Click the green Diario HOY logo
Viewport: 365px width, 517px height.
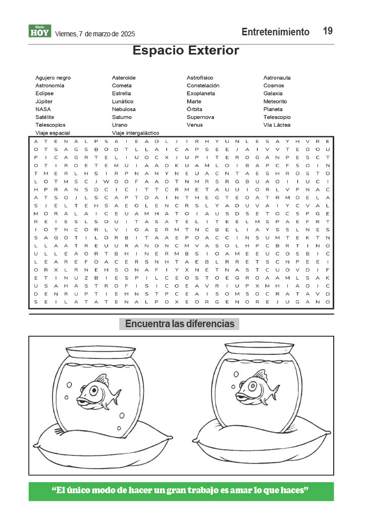39,31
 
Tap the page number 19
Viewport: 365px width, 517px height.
328,31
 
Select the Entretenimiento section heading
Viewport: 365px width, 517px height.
275,32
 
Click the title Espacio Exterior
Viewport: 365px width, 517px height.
185,50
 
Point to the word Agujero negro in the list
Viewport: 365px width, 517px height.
53,78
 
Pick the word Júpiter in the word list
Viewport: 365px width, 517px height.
44,101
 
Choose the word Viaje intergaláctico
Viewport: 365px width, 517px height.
135,133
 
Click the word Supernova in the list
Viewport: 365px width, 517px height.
200,117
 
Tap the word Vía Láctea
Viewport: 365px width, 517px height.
277,125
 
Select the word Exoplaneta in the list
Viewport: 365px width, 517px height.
201,93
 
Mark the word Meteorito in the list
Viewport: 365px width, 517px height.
275,101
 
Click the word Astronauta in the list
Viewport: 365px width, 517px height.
277,78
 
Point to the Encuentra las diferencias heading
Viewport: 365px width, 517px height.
179,324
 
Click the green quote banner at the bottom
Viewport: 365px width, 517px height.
181,491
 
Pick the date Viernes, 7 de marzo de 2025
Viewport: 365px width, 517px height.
94,34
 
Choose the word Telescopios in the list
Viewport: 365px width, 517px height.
50,125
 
